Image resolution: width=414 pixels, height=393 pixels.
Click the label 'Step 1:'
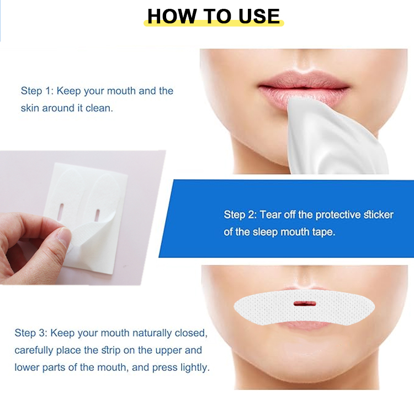(37, 91)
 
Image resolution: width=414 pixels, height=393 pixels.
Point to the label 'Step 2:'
(240, 214)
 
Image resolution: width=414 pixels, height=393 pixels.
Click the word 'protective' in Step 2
(338, 214)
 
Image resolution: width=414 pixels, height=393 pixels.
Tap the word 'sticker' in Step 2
(379, 214)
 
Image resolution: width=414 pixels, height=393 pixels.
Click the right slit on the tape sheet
(97, 213)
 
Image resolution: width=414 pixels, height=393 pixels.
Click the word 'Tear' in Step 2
(270, 214)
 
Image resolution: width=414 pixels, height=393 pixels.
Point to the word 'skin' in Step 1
(30, 108)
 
